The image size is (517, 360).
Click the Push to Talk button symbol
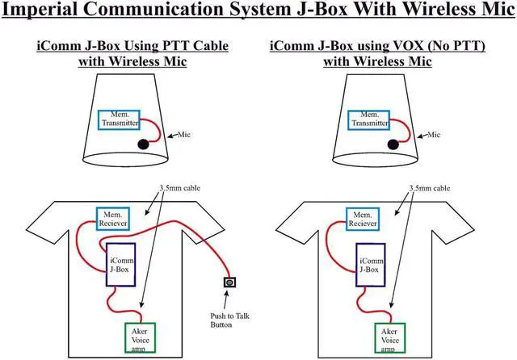(229, 283)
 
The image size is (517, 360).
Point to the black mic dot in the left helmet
(142, 144)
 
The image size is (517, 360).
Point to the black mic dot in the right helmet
(393, 144)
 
